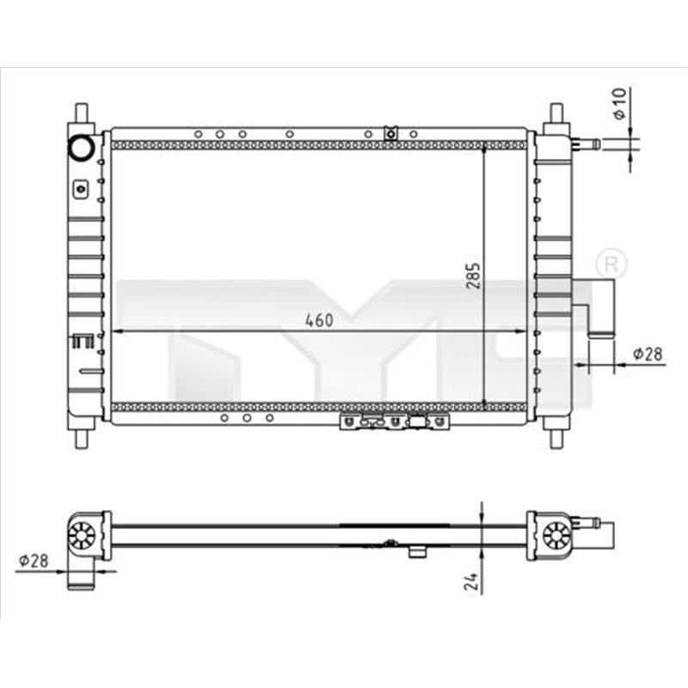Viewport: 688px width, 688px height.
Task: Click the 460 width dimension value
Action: pyautogui.click(x=318, y=321)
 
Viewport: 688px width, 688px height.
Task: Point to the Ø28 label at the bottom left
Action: pyautogui.click(x=33, y=561)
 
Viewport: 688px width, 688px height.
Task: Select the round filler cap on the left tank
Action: pyautogui.click(x=83, y=147)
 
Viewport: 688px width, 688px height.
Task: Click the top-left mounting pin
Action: pyautogui.click(x=82, y=113)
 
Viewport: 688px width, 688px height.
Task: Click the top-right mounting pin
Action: pyautogui.click(x=556, y=113)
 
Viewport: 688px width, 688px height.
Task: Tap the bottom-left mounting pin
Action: pyautogui.click(x=82, y=437)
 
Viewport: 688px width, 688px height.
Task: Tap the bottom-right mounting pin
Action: pyautogui.click(x=556, y=437)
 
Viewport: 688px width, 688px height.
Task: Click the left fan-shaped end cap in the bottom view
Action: pyautogui.click(x=81, y=536)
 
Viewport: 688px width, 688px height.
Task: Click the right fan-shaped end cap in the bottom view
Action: pyautogui.click(x=556, y=536)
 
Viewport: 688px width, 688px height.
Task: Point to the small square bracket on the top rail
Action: pyautogui.click(x=390, y=132)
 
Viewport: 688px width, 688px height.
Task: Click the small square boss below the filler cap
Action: pyautogui.click(x=81, y=187)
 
